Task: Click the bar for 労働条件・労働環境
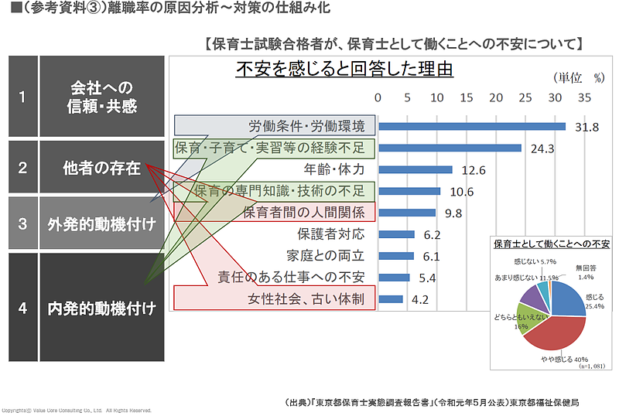point(471,127)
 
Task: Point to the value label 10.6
point(461,192)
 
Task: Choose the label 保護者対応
point(331,234)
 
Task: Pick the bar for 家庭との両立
point(395,256)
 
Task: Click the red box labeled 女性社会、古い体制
point(274,298)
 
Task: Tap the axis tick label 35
point(583,98)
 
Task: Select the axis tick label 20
point(495,98)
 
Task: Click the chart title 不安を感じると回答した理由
point(344,70)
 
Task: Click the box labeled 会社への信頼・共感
point(101,97)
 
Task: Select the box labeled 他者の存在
point(101,167)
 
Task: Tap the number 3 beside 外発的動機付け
point(22,224)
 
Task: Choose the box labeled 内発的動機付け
point(101,308)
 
